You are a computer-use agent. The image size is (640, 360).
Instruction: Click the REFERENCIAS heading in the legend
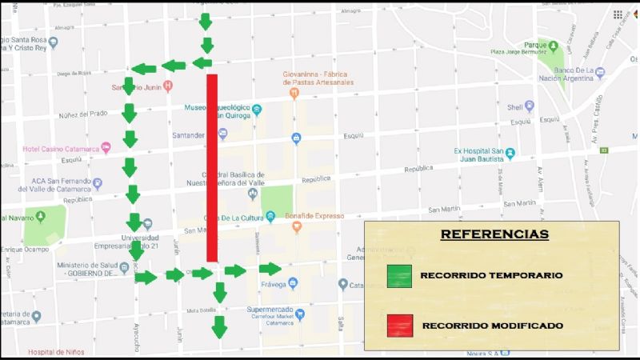pyautogui.click(x=494, y=235)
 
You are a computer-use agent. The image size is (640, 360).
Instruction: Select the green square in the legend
pyautogui.click(x=398, y=276)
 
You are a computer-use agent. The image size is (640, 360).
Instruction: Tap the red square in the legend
pyautogui.click(x=398, y=325)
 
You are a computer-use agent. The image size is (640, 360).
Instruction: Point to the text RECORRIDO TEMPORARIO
pyautogui.click(x=491, y=275)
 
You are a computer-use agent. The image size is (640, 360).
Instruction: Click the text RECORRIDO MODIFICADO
pyautogui.click(x=492, y=326)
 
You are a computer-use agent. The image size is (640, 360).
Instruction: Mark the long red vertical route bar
pyautogui.click(x=212, y=167)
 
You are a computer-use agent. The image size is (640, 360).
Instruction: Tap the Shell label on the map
pyautogui.click(x=514, y=107)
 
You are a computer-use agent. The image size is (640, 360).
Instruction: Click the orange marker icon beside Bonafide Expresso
pyautogui.click(x=296, y=227)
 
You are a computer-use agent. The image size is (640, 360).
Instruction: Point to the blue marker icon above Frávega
pyautogui.click(x=293, y=283)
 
